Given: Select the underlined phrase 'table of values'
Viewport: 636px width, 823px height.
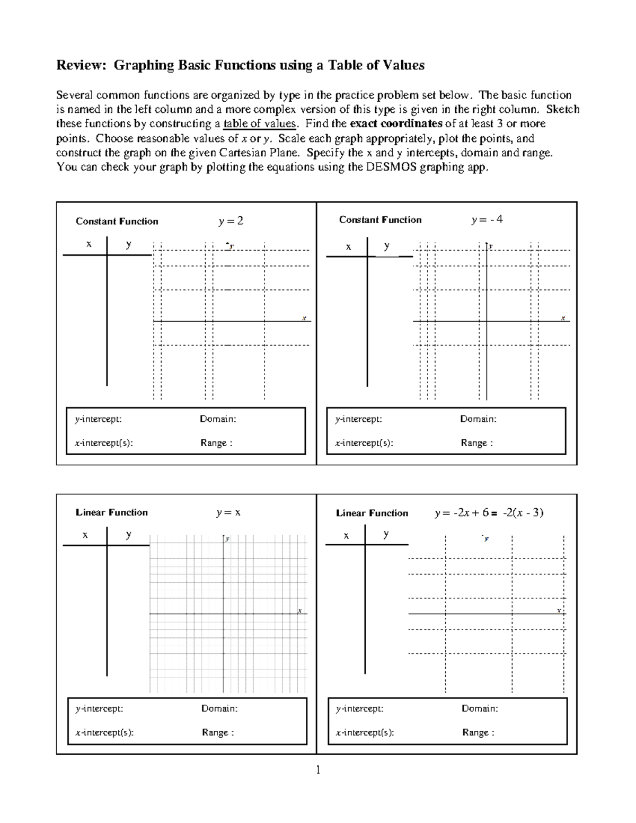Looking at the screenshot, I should (260, 124).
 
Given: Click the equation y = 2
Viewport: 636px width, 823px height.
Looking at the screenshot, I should (231, 221).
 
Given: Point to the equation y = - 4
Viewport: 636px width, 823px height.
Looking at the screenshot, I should (487, 219).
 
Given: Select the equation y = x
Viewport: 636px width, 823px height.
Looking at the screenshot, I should (228, 512).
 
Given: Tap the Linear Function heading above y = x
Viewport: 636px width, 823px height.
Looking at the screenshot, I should (112, 512).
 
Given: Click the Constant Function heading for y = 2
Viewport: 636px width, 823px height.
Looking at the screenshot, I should (117, 222).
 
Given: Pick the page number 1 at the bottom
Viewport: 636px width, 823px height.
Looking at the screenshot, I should (318, 770).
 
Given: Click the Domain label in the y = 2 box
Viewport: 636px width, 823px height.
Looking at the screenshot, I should (218, 419).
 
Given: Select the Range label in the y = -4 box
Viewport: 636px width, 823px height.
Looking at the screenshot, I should (476, 443).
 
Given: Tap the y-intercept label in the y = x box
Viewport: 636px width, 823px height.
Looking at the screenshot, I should (99, 709).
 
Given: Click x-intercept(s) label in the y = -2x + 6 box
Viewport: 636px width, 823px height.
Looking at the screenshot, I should (365, 733).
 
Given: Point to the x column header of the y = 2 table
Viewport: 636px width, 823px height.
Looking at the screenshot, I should (89, 244).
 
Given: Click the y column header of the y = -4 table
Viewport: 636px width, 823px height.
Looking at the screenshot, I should (387, 246).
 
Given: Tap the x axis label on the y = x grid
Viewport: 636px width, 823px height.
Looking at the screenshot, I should (299, 610).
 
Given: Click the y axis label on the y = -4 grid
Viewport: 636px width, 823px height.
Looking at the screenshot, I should (491, 246).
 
